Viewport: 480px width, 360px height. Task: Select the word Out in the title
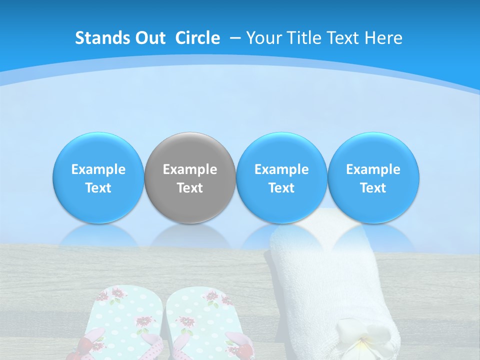point(150,38)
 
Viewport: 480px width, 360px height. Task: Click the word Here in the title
point(383,38)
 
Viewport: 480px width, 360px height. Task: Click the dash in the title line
point(235,38)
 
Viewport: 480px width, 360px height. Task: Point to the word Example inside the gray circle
point(190,169)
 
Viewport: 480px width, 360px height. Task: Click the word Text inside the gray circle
point(190,188)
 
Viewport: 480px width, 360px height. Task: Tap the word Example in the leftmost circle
point(98,169)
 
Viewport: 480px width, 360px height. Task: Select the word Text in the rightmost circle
point(373,188)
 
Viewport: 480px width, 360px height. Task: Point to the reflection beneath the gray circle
point(190,235)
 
